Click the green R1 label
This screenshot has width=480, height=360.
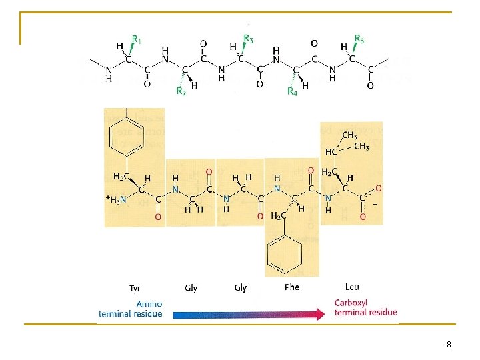(x=136, y=40)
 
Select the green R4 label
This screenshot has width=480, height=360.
(x=291, y=91)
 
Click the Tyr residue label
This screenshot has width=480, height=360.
(x=135, y=289)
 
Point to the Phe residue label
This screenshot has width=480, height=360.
(x=292, y=287)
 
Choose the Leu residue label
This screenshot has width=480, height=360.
(x=352, y=287)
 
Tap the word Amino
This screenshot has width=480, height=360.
(x=150, y=303)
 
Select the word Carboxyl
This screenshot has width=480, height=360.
(x=351, y=303)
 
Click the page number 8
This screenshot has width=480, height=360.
(x=449, y=345)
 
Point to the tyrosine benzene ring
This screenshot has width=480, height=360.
(x=125, y=137)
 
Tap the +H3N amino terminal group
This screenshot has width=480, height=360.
(x=116, y=198)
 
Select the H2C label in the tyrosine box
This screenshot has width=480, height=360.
(x=120, y=176)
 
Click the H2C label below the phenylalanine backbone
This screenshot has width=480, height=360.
(x=279, y=215)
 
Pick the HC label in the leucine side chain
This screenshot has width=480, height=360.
(x=331, y=152)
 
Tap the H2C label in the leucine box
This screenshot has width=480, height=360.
(x=329, y=172)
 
